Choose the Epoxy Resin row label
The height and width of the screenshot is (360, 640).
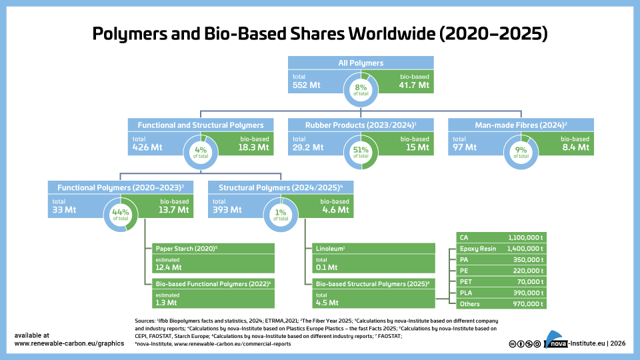[477, 247]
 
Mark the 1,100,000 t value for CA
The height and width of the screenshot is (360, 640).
[525, 236]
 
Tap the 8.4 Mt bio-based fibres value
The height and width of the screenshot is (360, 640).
[575, 147]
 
